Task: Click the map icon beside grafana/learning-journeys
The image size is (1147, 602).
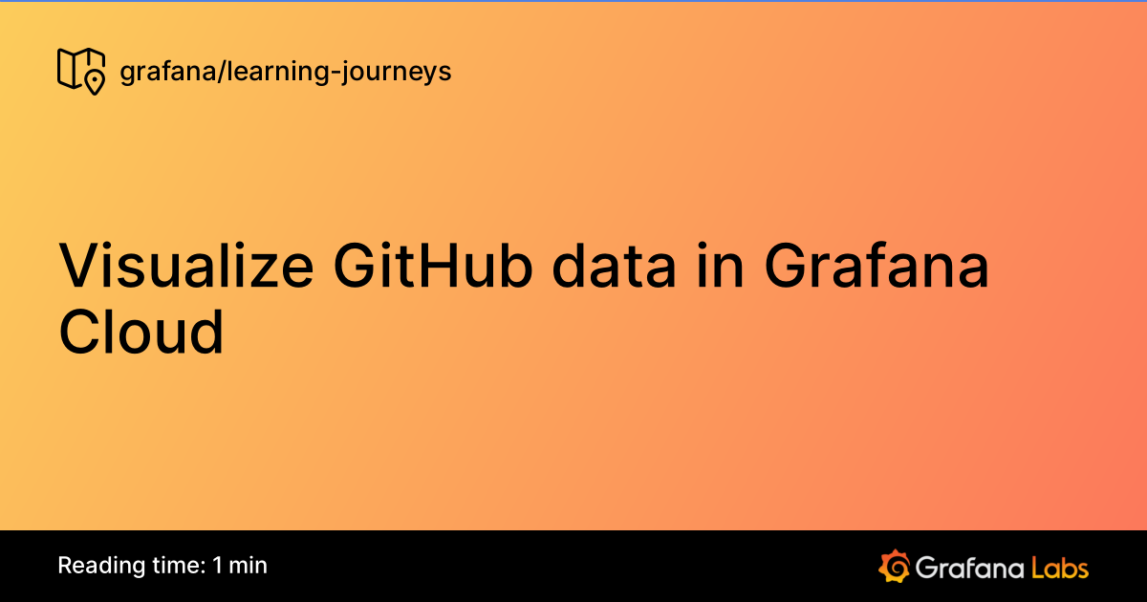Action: pyautogui.click(x=80, y=71)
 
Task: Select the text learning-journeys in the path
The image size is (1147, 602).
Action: pyautogui.click(x=337, y=72)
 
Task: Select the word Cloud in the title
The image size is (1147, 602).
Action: pyautogui.click(x=141, y=332)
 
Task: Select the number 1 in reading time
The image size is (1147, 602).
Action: pyautogui.click(x=218, y=565)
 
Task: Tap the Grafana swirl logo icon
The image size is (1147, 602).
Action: pyautogui.click(x=893, y=566)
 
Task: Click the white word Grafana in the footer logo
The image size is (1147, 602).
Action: pyautogui.click(x=967, y=567)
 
